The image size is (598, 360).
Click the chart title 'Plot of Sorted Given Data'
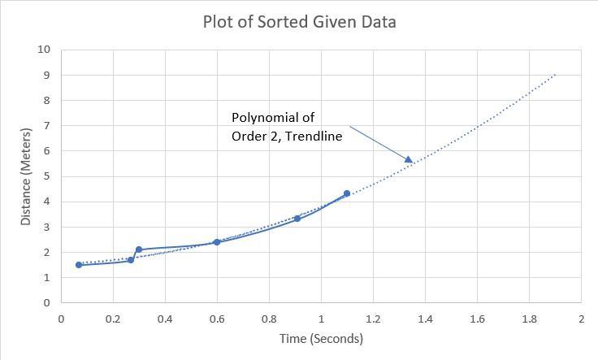299,22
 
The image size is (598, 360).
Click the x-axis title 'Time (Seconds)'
321,339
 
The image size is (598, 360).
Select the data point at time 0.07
79,265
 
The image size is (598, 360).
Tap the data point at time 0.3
139,249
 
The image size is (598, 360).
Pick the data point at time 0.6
217,242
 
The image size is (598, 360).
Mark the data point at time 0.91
297,219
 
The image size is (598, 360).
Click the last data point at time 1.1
347,193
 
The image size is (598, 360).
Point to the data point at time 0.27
131,260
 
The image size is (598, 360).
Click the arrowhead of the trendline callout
409,159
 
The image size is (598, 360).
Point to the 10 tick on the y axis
44,50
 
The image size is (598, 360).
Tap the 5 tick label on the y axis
46,176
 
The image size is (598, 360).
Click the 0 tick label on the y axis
46,303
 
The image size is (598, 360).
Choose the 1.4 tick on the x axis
425,319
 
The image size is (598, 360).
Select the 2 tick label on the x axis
581,319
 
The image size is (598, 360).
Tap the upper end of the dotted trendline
555,75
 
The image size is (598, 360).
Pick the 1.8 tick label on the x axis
529,319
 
